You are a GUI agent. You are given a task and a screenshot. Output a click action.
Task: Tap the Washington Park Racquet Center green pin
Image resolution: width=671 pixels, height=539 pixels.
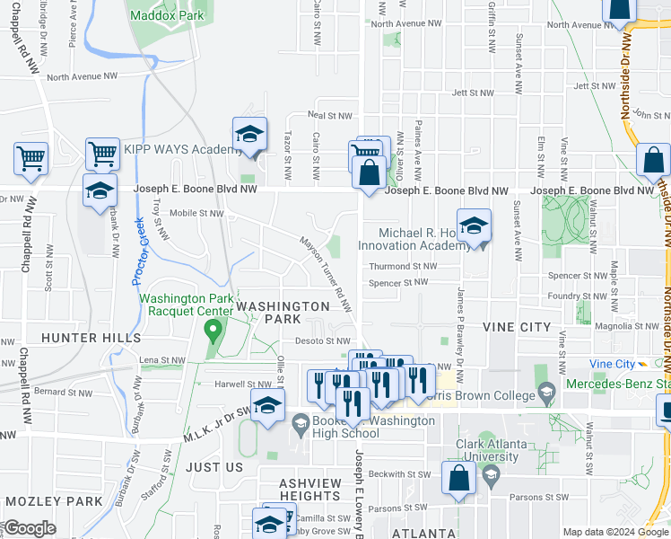point(213,331)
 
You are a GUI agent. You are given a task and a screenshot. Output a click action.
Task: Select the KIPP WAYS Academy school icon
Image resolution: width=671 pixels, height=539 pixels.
point(249,135)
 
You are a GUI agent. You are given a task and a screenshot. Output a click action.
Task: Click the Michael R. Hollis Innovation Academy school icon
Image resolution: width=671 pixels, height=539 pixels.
point(474,226)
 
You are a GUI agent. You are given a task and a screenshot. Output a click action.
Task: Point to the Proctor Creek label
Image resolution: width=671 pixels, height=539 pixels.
point(138,252)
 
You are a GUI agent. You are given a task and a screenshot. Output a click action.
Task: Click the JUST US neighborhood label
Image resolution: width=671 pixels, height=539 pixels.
point(214,467)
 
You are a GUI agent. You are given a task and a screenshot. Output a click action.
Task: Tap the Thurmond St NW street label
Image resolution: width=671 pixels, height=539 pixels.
point(403,266)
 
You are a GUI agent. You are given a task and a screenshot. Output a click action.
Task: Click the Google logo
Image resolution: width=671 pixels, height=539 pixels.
point(29,528)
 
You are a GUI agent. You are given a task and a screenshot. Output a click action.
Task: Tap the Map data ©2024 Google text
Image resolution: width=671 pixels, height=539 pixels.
point(614,532)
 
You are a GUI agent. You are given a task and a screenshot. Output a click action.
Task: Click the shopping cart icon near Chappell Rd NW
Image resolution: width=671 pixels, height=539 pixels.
point(31,159)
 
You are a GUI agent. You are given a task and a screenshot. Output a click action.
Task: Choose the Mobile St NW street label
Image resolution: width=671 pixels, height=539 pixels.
point(196,213)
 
